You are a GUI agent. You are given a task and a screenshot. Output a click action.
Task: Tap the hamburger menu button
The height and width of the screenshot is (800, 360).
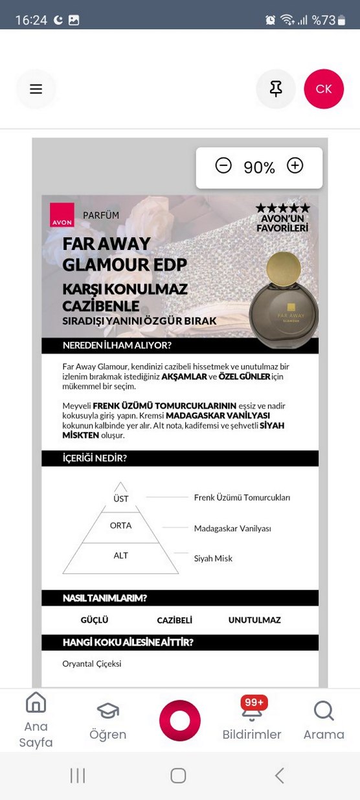click(x=36, y=89)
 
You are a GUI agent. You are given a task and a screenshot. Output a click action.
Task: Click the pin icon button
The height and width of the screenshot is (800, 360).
click(x=276, y=89)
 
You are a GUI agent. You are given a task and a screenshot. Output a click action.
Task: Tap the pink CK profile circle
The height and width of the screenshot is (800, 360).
click(x=324, y=89)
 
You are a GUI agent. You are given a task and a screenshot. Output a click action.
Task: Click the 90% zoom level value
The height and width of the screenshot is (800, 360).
click(x=259, y=168)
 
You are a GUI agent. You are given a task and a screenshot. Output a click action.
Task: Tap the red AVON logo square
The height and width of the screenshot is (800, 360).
click(x=62, y=215)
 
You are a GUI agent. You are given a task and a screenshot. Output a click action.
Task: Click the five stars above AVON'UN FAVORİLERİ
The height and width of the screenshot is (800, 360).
click(x=282, y=209)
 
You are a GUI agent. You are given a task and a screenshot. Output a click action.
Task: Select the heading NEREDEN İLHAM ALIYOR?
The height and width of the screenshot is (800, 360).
click(x=117, y=345)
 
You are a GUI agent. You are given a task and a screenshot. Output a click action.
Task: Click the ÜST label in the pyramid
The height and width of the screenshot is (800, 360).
click(x=121, y=499)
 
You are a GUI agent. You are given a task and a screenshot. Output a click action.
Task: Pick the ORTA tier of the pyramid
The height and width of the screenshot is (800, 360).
click(x=121, y=525)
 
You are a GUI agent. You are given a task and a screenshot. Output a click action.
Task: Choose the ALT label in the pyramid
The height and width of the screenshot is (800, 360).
click(x=121, y=556)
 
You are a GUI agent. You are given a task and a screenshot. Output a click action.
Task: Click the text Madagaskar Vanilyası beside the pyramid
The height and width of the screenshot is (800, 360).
click(x=232, y=529)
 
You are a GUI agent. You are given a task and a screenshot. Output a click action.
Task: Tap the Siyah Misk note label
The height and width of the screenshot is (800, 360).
click(x=213, y=558)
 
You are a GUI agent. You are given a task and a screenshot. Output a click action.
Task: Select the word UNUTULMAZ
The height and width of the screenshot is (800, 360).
click(x=254, y=620)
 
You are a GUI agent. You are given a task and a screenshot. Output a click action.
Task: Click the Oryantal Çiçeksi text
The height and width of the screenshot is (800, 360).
click(x=92, y=663)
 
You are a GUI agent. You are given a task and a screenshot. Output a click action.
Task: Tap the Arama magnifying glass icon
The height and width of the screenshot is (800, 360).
click(x=324, y=711)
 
